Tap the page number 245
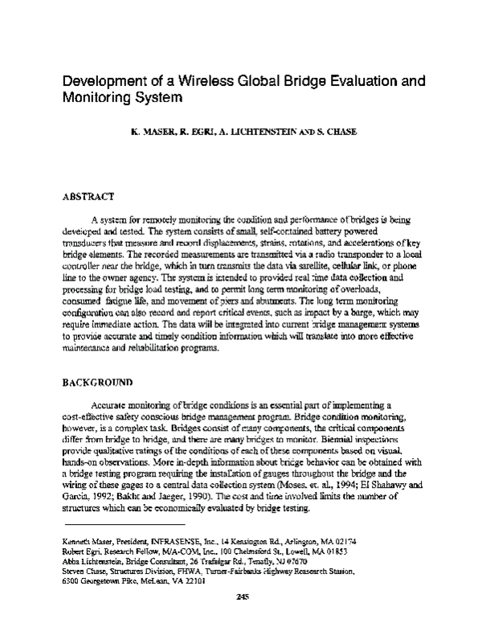click(243, 618)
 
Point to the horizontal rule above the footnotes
click(104, 523)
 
